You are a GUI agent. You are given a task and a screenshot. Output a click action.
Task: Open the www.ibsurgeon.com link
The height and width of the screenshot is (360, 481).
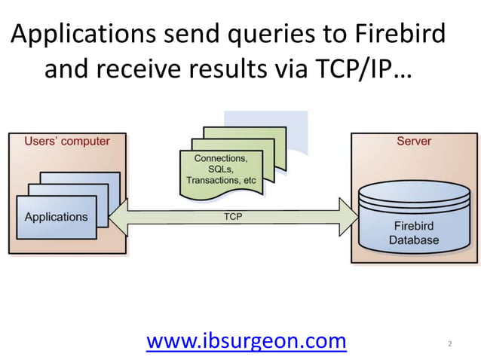pos(246,341)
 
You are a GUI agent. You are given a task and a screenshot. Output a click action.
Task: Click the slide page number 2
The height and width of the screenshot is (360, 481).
pos(450,344)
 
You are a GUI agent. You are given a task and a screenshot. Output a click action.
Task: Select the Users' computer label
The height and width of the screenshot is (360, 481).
pos(67,141)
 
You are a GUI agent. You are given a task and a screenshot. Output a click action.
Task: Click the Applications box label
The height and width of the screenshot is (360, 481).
pos(56,217)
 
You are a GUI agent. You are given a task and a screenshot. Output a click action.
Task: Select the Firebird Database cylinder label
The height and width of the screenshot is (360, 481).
pos(413,233)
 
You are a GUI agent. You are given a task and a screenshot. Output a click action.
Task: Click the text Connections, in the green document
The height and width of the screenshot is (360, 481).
pos(221,159)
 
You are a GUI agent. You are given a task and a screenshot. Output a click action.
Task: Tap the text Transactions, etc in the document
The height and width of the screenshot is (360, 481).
pos(221,181)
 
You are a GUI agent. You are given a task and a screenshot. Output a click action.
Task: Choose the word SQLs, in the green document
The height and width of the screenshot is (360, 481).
pos(221,170)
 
